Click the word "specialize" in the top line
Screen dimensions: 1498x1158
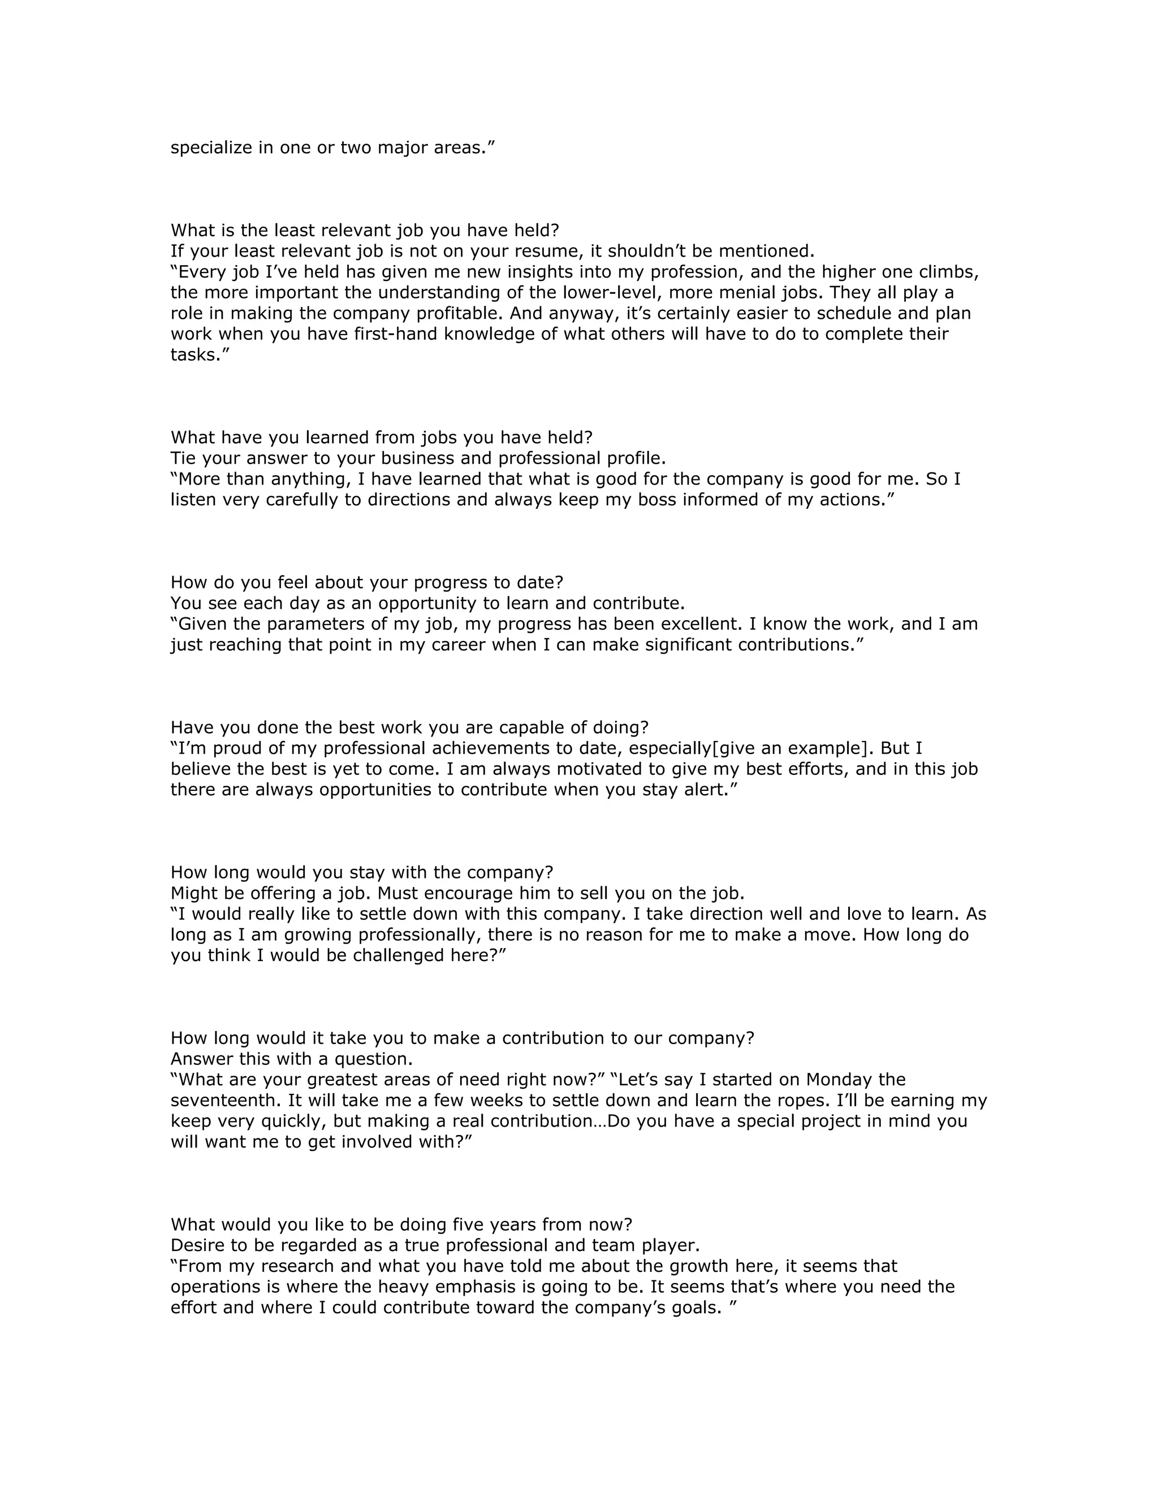pos(211,148)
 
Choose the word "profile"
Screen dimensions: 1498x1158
pos(631,458)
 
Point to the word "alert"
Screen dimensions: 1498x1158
pos(713,790)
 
